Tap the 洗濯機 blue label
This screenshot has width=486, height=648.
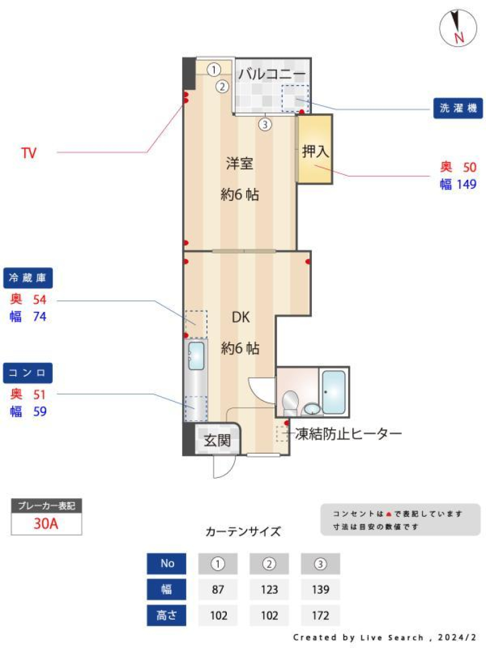[x=458, y=108]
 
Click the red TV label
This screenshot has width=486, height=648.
[x=29, y=153]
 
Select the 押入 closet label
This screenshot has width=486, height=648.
[x=315, y=151]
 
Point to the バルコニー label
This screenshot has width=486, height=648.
[x=272, y=74]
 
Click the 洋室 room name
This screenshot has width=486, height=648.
[x=239, y=164]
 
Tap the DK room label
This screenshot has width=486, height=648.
[x=240, y=317]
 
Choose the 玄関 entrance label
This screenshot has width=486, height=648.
[x=217, y=440]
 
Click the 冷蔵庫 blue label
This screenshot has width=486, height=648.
[x=28, y=278]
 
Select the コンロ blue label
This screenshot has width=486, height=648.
[x=28, y=373]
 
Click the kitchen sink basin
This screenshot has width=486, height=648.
[x=196, y=355]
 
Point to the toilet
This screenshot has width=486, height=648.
[x=291, y=402]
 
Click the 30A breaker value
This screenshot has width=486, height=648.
[x=46, y=523]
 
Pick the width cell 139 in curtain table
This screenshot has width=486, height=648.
[x=320, y=589]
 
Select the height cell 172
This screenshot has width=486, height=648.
[x=320, y=616]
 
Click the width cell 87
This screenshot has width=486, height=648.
[x=218, y=589]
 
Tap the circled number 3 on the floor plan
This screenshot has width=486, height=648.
[x=265, y=124]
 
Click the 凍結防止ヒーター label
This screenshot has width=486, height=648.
[x=348, y=434]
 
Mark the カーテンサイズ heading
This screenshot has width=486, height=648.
[x=243, y=532]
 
